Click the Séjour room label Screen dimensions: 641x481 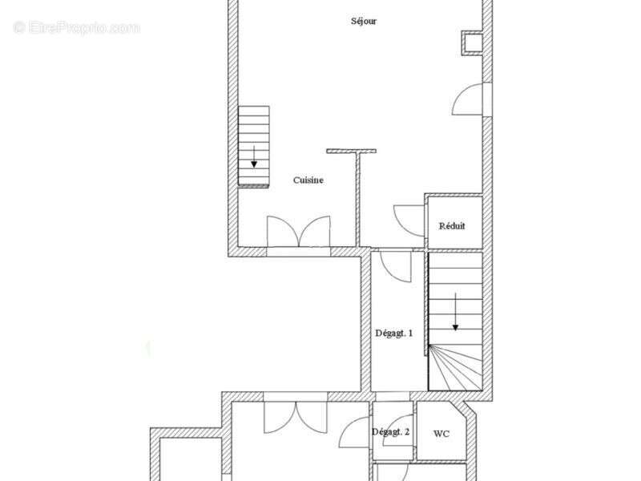[x=364, y=22]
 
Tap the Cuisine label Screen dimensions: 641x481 [x=308, y=180]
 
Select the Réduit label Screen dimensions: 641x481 [x=452, y=226]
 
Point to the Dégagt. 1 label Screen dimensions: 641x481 [x=393, y=333]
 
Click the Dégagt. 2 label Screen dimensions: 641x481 [x=390, y=432]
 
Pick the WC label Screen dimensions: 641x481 [x=441, y=434]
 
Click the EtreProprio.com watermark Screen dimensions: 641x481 [x=76, y=28]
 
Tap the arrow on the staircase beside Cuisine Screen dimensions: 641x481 [x=254, y=156]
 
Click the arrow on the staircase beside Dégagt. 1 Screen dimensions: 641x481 [x=455, y=312]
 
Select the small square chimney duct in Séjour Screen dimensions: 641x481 [x=472, y=43]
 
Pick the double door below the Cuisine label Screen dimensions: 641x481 [x=299, y=232]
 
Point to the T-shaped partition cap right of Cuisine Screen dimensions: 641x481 [x=352, y=151]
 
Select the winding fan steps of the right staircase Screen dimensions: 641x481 [x=455, y=368]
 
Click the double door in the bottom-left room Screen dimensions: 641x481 [x=296, y=417]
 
